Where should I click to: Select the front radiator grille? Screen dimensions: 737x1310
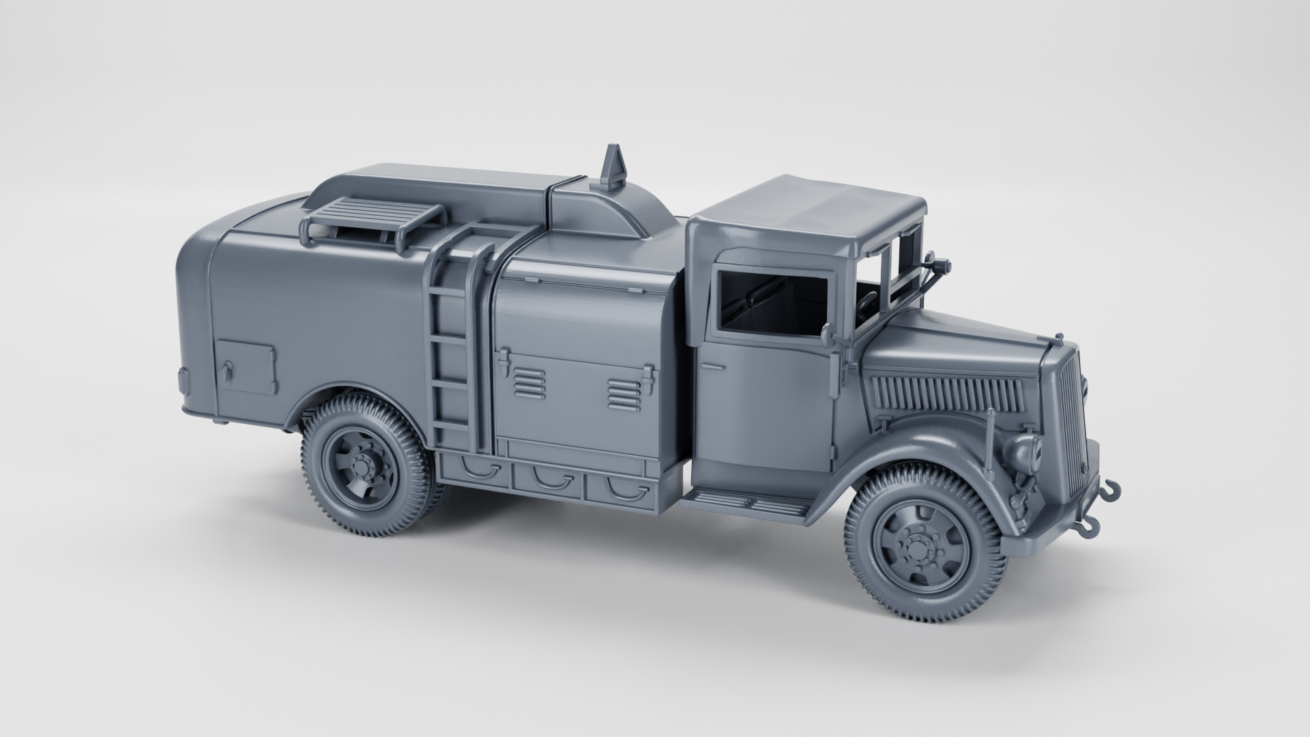pyautogui.click(x=1071, y=416)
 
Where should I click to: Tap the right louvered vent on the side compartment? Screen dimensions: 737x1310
pyautogui.click(x=624, y=394)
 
